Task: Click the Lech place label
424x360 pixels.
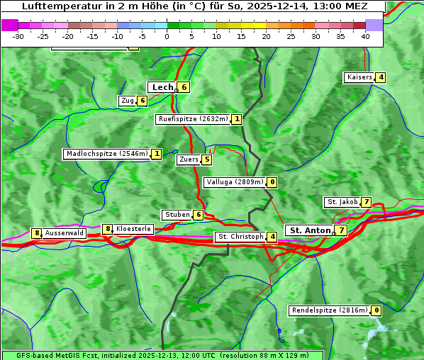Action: (x=162, y=87)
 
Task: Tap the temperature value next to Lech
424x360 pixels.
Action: (x=184, y=87)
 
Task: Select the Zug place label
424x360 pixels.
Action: (x=128, y=101)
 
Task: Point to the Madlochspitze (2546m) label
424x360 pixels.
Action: (x=106, y=154)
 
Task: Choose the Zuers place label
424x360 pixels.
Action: (x=189, y=159)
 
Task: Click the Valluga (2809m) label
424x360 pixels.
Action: (x=235, y=182)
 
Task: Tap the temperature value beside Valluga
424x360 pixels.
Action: (x=272, y=182)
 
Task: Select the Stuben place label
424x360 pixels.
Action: (x=177, y=215)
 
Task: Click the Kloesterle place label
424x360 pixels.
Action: (x=133, y=229)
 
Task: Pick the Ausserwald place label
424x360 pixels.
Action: (x=65, y=232)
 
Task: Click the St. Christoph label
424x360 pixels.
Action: (x=240, y=236)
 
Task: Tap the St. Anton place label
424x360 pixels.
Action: (x=310, y=230)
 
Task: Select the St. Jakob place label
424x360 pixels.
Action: (x=342, y=202)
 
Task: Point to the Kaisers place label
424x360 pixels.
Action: (x=359, y=77)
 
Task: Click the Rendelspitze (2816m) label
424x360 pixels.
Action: (x=330, y=310)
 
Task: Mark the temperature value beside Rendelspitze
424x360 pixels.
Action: (x=376, y=310)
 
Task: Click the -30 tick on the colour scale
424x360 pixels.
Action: (x=18, y=36)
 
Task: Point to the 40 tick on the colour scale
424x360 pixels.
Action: (x=365, y=36)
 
